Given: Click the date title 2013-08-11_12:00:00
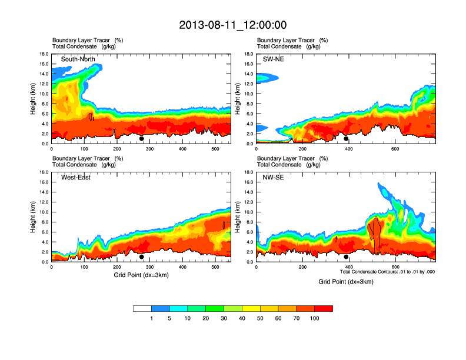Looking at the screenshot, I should pos(232,25).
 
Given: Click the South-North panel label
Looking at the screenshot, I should pos(78,59).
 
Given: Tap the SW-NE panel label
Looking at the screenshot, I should pos(273,59).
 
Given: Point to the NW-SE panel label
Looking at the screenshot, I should pos(273,178).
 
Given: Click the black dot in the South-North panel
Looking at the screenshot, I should pos(141,139).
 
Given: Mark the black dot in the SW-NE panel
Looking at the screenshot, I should pos(346,139).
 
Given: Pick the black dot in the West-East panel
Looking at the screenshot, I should pos(141,256).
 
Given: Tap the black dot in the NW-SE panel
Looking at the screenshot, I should pos(346,256).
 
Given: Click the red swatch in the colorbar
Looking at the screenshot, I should pos(324,308).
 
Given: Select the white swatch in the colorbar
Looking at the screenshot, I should pos(142,308).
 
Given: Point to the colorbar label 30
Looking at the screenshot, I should pos(224,318).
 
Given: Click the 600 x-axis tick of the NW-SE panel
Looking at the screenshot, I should pos(395,267).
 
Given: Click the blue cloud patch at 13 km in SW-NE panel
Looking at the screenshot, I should pos(266,77).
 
